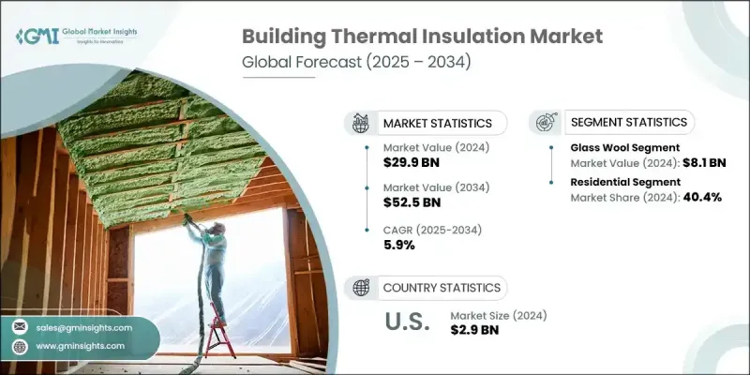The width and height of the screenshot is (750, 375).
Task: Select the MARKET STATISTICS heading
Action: [x=437, y=123]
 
